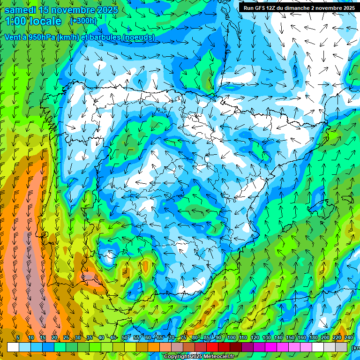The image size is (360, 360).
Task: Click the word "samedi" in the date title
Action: tap(20, 10)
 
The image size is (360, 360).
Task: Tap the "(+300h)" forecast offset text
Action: tap(83, 21)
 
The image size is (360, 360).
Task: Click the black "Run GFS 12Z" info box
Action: tap(299, 7)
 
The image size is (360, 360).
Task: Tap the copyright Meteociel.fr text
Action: tap(199, 356)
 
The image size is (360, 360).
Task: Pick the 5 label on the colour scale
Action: tap(18, 338)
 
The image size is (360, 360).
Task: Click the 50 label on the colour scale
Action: tap(125, 338)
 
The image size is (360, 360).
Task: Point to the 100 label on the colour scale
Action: tap(231, 338)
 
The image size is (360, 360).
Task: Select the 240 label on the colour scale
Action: tap(349, 338)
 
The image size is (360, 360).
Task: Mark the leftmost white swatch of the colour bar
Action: tap(13, 347)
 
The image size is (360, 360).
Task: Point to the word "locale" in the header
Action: tap(45, 21)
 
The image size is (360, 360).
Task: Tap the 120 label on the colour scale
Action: tap(255, 338)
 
